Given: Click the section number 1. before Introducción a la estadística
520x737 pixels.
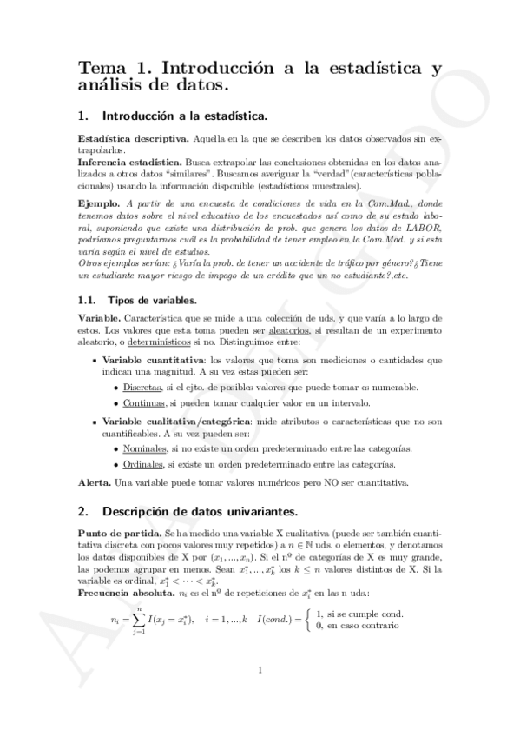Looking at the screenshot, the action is click(83, 115).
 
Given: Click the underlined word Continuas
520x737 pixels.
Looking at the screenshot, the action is click(143, 403).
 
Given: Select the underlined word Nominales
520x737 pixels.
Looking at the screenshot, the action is click(142, 448).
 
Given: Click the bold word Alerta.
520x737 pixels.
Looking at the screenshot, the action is click(95, 482).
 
